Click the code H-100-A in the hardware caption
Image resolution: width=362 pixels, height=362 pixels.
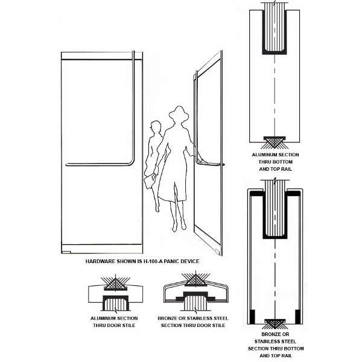point(152,261)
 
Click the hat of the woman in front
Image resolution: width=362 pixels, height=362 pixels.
point(179,113)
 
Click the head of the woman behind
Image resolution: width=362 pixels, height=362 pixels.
point(155,127)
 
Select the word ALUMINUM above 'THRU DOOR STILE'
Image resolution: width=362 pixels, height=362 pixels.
point(103,319)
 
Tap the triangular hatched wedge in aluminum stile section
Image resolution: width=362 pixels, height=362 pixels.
point(116,284)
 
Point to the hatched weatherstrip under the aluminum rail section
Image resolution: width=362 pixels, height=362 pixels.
point(275,142)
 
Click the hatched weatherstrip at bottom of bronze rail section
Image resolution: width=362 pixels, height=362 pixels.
point(275,323)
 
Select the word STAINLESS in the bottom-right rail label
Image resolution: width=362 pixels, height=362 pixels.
point(275,341)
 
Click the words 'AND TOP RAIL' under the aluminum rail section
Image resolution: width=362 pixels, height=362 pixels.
point(276,169)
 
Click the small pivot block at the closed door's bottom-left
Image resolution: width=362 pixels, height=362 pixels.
point(66,252)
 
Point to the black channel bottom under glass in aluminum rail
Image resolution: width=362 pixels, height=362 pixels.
point(275,53)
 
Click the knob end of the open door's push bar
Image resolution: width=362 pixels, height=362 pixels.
point(223,165)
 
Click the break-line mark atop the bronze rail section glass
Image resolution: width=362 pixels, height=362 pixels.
point(275,180)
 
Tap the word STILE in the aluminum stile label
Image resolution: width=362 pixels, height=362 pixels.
point(129,326)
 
